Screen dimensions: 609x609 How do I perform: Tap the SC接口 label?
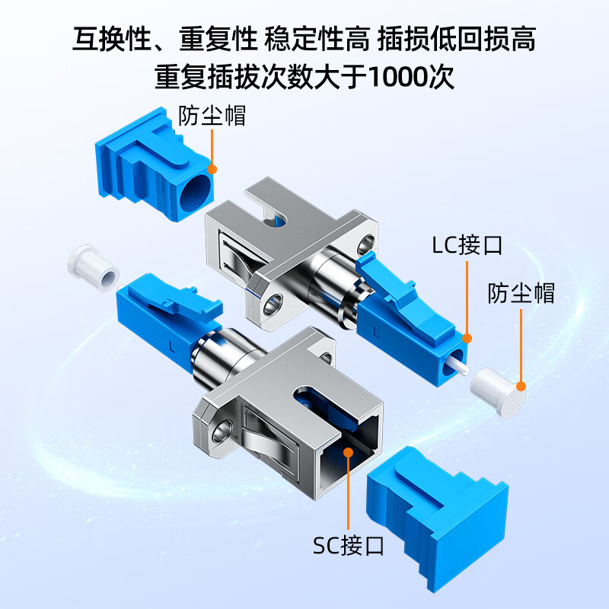[349, 545]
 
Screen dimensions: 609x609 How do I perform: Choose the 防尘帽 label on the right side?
[521, 293]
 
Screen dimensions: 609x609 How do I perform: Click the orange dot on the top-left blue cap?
[212, 168]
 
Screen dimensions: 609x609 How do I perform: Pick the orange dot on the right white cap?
[521, 386]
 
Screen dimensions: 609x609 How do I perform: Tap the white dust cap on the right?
[499, 391]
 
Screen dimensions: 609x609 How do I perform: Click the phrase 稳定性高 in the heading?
[315, 37]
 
